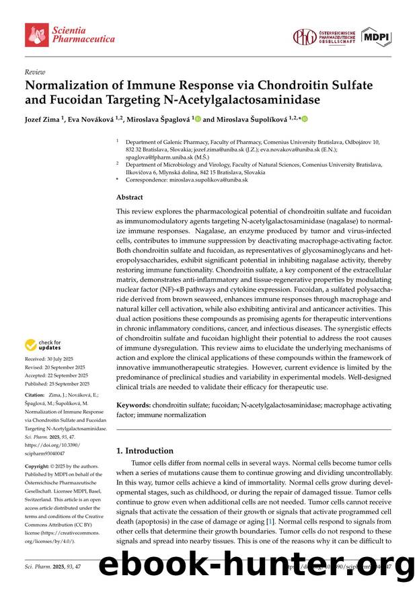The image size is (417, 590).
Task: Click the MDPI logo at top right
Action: [376, 37]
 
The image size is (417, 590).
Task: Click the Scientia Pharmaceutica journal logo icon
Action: [36, 34]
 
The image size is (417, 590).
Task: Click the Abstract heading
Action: [130, 198]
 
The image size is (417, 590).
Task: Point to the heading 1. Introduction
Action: [145, 451]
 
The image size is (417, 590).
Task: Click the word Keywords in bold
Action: [132, 406]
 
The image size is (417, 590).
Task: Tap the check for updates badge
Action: [44, 345]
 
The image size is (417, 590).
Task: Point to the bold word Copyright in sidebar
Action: [38, 466]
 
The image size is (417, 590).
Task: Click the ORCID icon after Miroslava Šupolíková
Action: [303, 119]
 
